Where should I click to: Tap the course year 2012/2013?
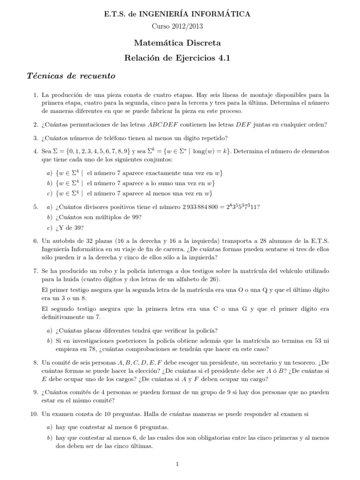(187, 27)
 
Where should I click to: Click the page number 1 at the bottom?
(178, 464)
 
